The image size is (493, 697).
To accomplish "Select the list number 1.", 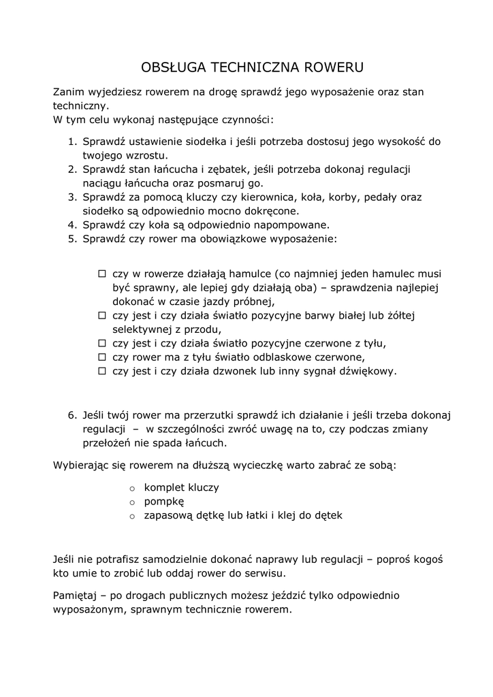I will click(71, 142).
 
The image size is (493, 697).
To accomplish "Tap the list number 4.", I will click(71, 225).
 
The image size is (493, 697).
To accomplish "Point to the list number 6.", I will click(71, 415).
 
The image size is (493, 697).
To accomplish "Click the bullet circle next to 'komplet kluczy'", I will click(133, 489).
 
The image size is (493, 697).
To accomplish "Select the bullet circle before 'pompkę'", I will click(133, 502).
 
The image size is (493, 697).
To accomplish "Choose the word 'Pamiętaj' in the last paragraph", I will click(75, 596).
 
